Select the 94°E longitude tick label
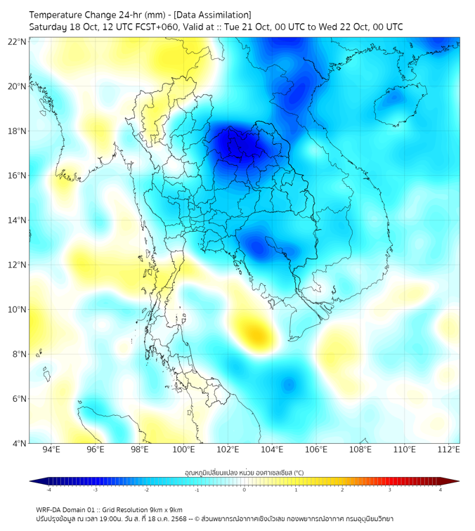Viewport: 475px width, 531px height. [51, 450]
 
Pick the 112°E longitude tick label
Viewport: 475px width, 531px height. [449, 450]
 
